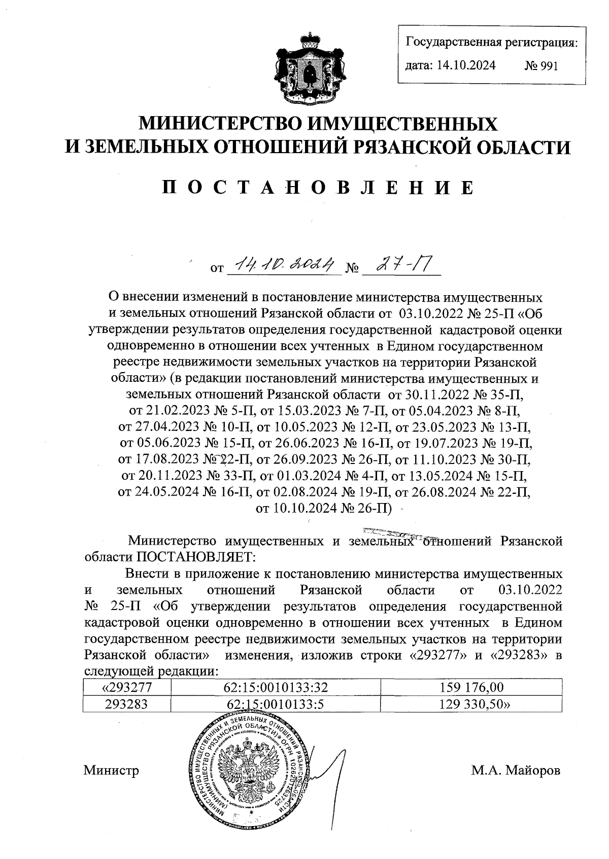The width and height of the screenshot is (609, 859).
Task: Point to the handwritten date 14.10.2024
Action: pyautogui.click(x=283, y=264)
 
